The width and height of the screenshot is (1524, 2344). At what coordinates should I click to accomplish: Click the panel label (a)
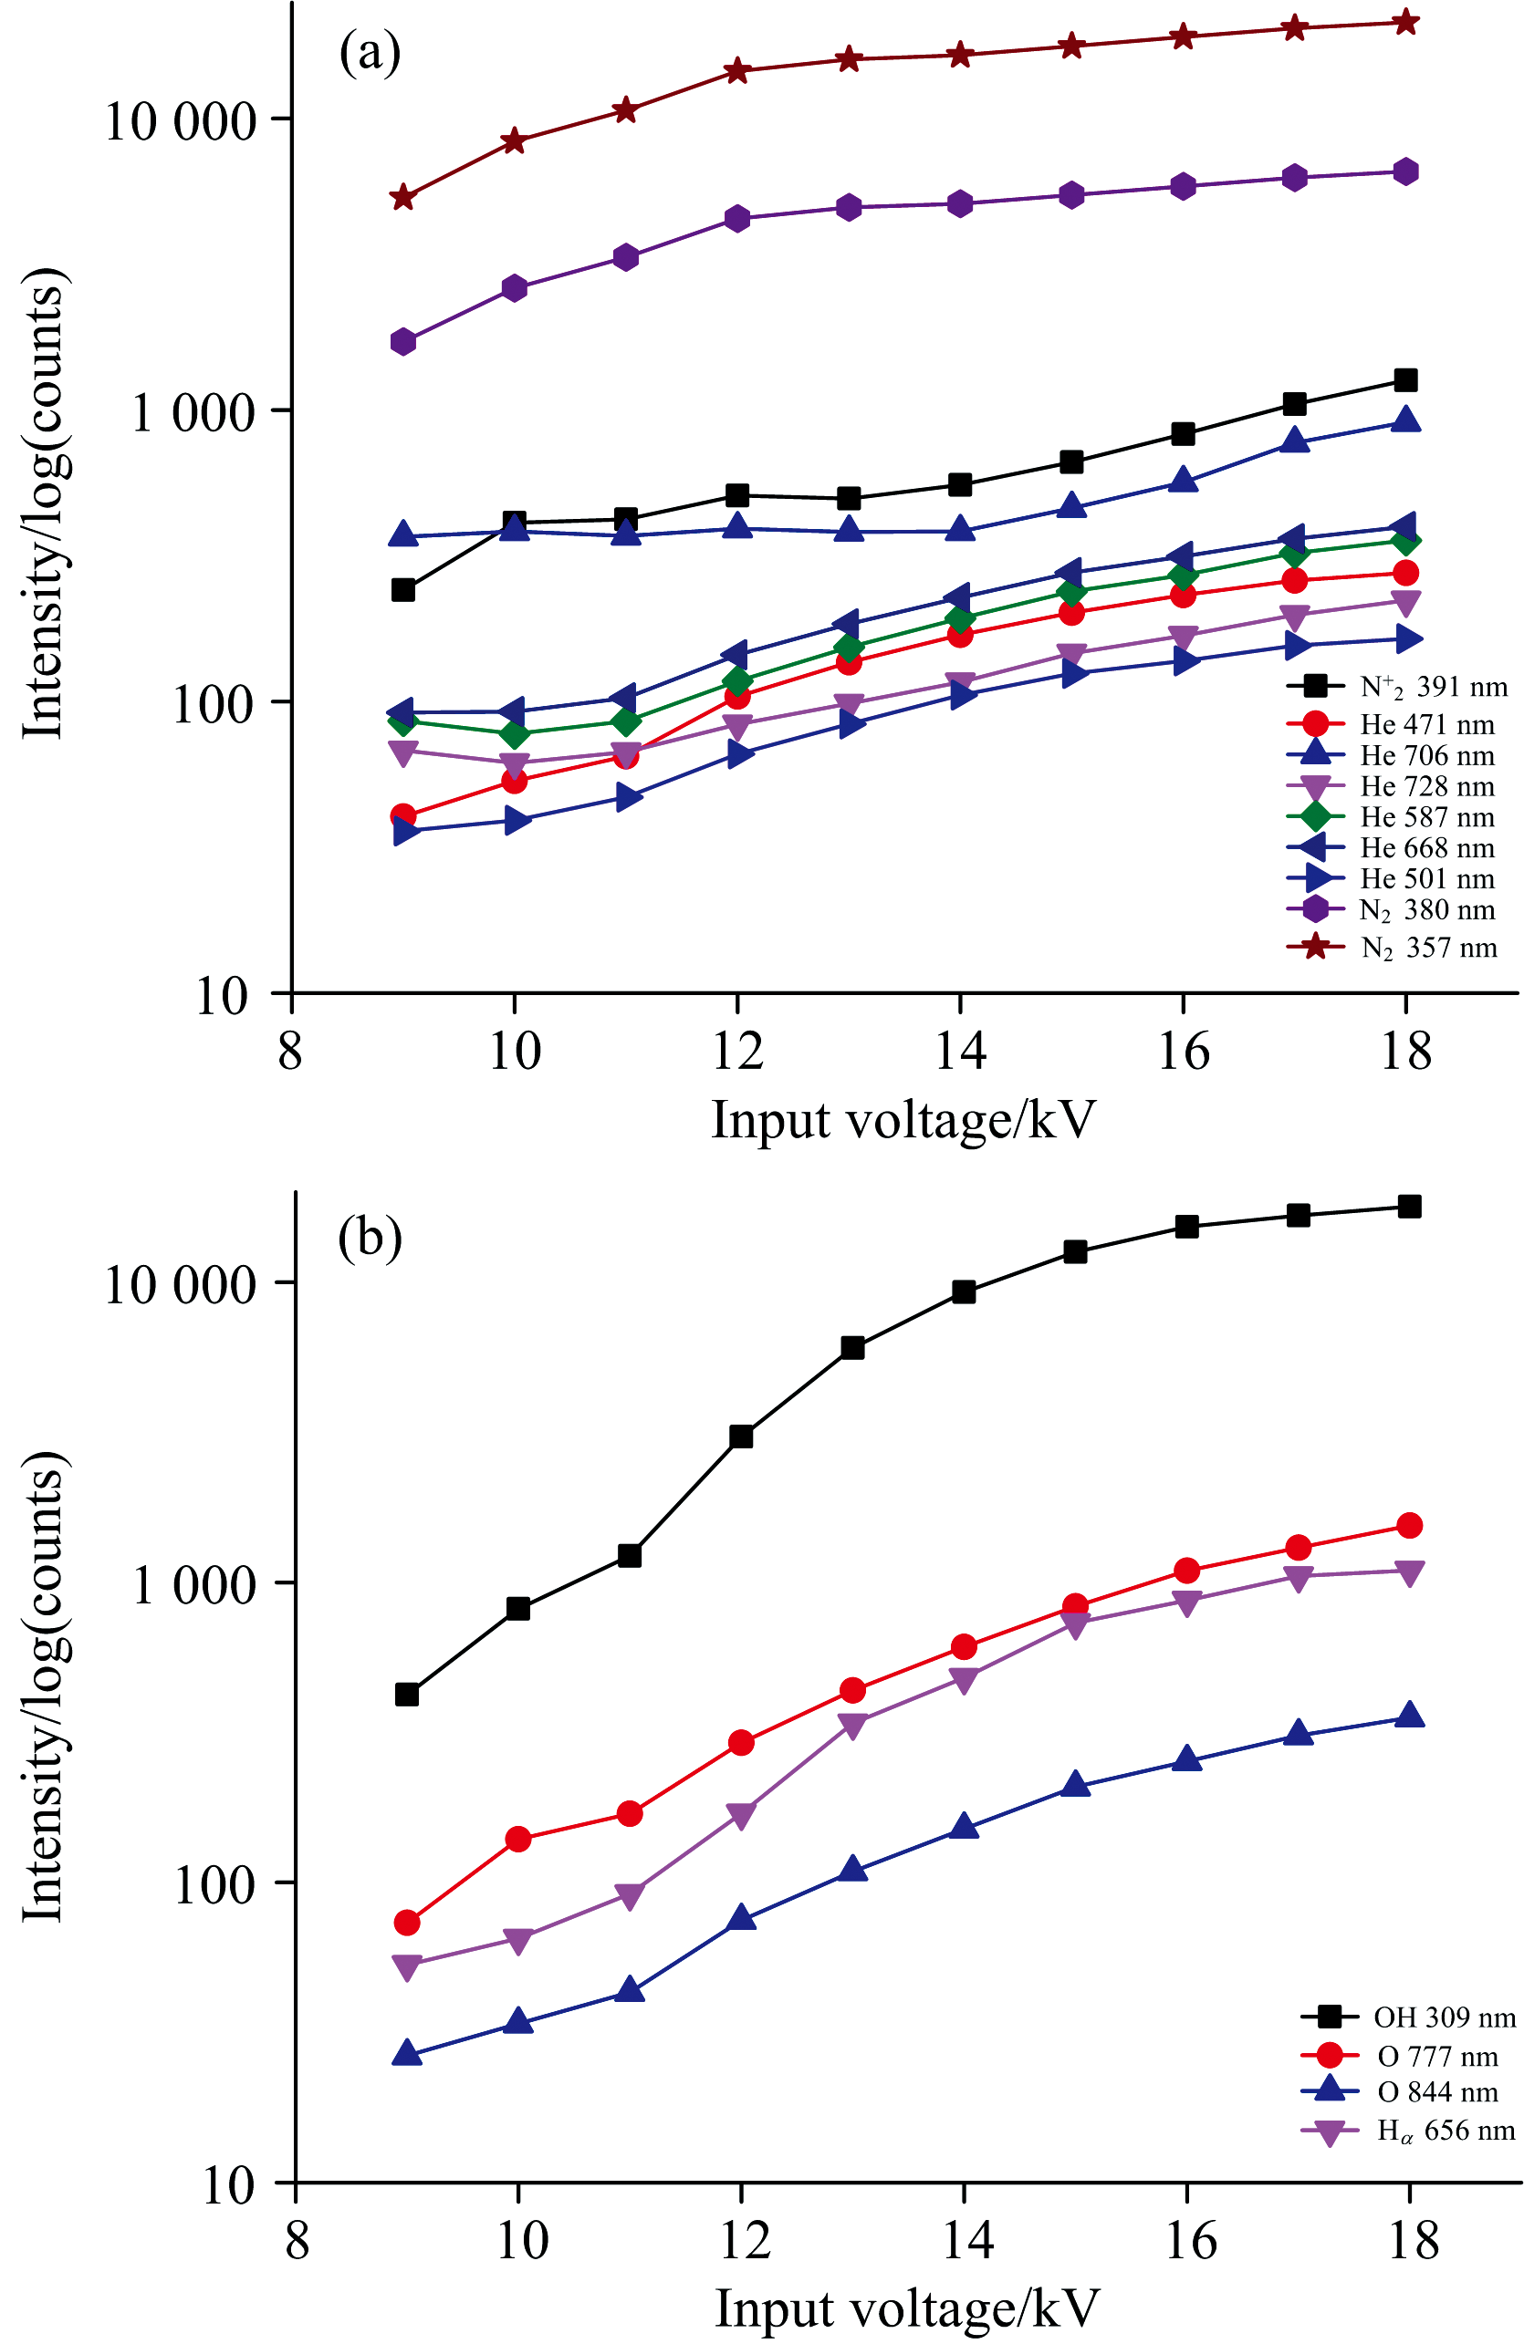click(370, 52)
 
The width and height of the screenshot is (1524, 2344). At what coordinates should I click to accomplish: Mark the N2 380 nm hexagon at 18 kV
click(1405, 171)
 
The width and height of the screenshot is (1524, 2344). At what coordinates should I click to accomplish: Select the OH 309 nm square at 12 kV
click(741, 1436)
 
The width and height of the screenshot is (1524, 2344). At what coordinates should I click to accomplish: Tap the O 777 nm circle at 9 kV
click(407, 1923)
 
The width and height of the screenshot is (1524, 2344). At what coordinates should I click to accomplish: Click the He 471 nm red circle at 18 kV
click(1405, 573)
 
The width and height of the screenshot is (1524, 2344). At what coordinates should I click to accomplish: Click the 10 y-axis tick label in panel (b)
click(227, 2185)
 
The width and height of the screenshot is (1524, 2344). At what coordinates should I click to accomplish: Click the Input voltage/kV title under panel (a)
click(903, 1121)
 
